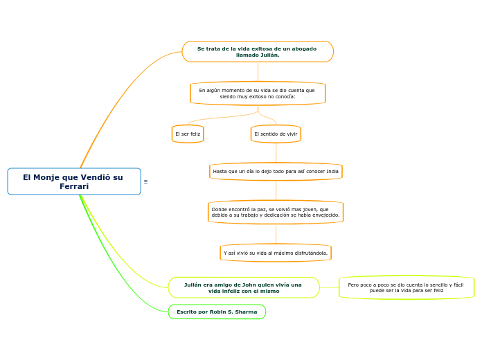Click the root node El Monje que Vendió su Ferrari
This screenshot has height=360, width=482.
(x=74, y=181)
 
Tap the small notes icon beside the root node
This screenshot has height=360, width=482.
(x=145, y=181)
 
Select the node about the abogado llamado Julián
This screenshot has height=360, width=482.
(x=258, y=52)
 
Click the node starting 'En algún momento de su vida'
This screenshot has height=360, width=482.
(x=258, y=93)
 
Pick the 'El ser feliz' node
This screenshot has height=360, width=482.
(x=188, y=134)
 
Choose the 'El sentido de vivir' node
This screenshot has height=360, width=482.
(x=276, y=134)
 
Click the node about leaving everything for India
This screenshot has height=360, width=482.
(x=276, y=171)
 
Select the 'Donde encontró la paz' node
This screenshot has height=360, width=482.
(x=276, y=212)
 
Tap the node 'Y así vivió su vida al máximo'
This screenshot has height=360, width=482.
(x=276, y=253)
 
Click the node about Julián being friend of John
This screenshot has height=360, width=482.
(x=244, y=287)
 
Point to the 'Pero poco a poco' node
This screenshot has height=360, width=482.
(x=407, y=287)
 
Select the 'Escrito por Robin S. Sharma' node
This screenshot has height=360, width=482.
(x=217, y=312)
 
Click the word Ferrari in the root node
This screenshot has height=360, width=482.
(x=74, y=187)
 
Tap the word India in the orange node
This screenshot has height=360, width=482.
(x=332, y=171)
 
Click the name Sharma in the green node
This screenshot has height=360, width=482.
(x=246, y=312)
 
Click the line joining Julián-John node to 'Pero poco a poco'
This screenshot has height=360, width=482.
(x=330, y=287)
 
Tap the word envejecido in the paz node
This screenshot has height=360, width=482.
(x=323, y=215)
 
